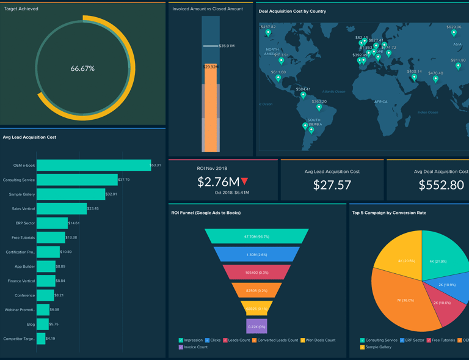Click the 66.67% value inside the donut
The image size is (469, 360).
pos(82,68)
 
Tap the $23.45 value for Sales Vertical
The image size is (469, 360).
pos(93,208)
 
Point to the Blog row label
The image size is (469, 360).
pos(31,324)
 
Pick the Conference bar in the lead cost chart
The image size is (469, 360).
pos(45,295)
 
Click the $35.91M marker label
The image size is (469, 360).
pos(227,46)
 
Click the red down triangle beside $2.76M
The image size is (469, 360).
pos(245,182)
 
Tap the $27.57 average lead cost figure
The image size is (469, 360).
pos(332,185)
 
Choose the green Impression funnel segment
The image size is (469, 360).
pos(256,237)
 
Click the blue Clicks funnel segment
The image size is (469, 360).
pos(256,254)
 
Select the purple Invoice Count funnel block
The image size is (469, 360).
pos(256,326)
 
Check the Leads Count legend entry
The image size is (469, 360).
pos(235,340)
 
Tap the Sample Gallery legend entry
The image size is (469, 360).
pos(378,347)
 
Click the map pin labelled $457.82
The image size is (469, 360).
pos(268,33)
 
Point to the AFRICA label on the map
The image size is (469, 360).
pos(380,101)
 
